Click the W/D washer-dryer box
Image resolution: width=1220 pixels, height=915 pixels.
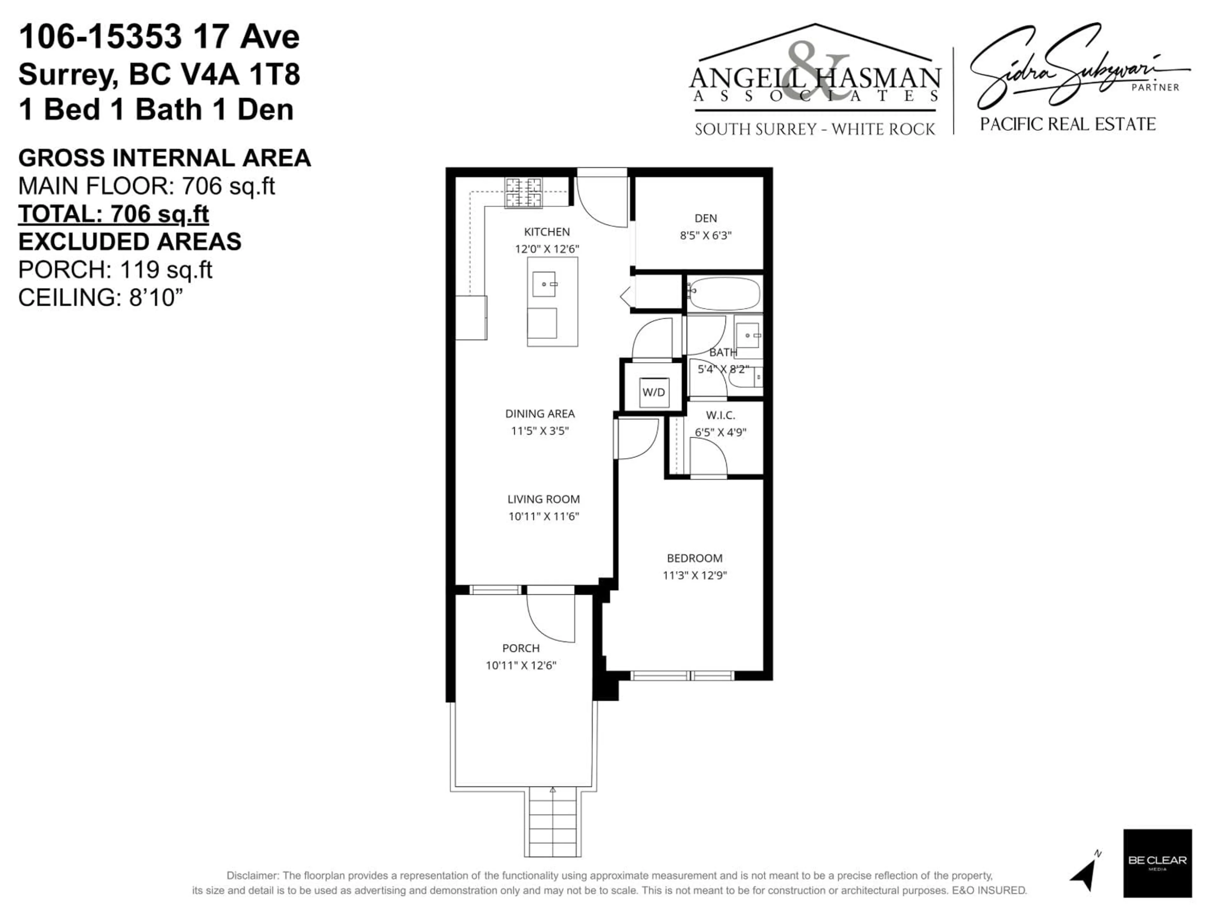tap(654, 392)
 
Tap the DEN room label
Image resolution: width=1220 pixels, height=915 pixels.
tap(705, 218)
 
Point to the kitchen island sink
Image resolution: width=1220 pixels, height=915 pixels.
tap(544, 284)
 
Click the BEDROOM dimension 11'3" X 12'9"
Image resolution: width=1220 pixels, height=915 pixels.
tap(695, 575)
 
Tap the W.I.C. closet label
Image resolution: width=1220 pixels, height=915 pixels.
tap(720, 415)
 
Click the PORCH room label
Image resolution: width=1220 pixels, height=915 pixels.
tap(521, 648)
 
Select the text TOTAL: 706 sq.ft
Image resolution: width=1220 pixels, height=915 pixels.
tap(114, 214)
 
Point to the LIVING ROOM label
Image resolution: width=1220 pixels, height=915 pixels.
tap(543, 499)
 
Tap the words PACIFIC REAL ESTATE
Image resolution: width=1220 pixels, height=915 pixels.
tap(1067, 124)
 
